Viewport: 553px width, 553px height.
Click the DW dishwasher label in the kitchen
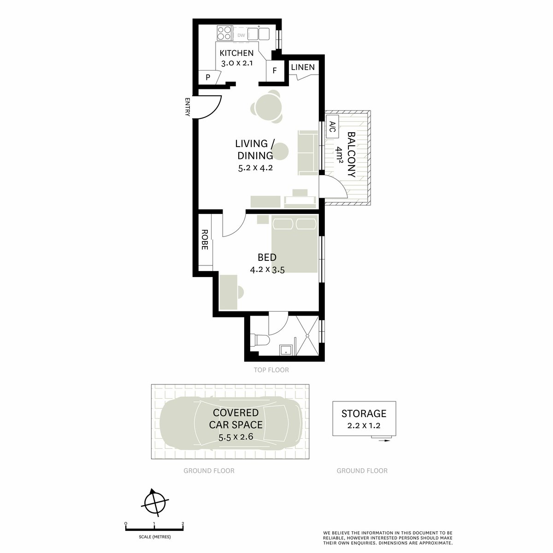tap(241, 35)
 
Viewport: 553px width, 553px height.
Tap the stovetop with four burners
tap(225, 34)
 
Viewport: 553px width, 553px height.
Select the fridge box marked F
tap(275, 71)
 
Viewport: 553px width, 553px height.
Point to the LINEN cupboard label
tap(303, 67)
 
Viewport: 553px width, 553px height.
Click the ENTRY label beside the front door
tap(188, 106)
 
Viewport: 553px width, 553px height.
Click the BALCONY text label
tap(351, 155)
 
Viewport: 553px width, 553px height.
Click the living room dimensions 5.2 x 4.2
tap(255, 168)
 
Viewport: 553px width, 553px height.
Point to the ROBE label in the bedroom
tap(205, 240)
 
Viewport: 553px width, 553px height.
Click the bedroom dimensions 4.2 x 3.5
tap(267, 270)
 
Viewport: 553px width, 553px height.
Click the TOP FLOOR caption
tap(271, 370)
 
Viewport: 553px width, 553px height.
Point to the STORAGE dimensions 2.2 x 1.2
tap(364, 426)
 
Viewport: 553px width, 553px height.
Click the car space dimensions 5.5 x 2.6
tap(236, 437)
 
